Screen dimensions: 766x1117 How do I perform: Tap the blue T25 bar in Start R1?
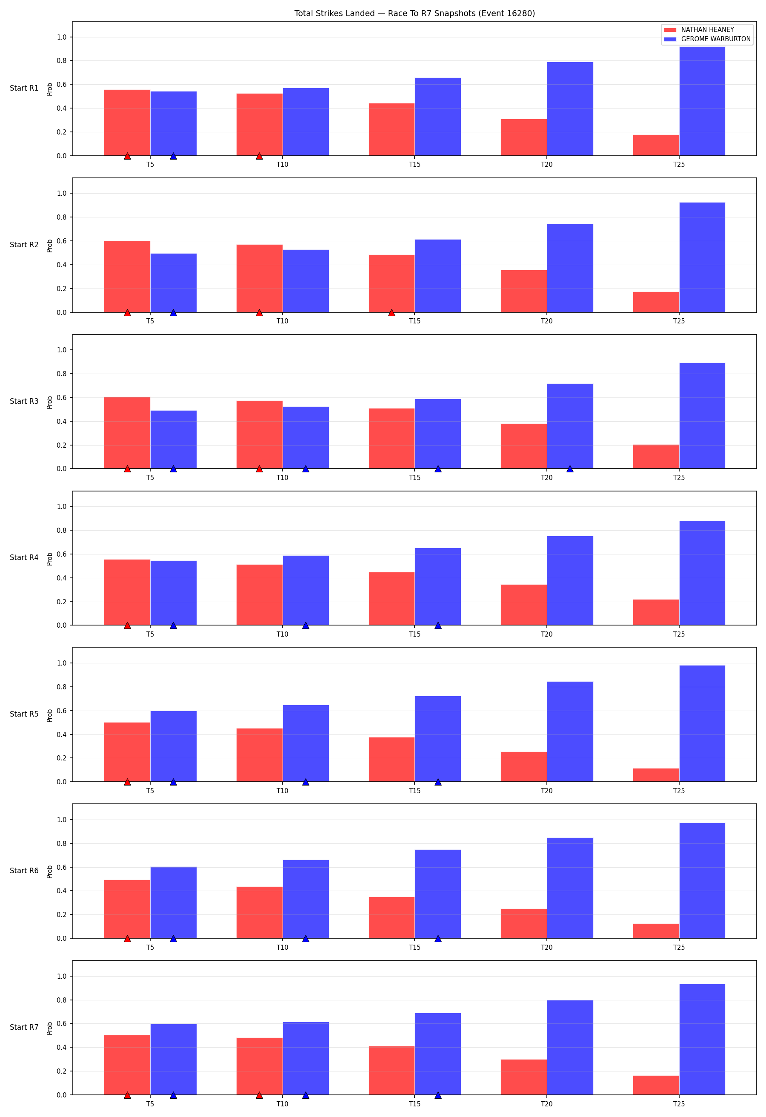(x=702, y=101)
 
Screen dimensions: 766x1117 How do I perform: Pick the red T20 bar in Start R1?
(x=524, y=137)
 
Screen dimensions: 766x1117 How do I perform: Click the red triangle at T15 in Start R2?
(x=392, y=313)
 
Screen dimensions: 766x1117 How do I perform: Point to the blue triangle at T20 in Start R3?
(x=570, y=469)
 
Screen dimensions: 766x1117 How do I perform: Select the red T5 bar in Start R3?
(x=127, y=433)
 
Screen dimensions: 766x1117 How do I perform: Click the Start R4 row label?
(x=24, y=557)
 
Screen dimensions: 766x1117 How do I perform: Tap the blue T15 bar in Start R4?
(x=438, y=586)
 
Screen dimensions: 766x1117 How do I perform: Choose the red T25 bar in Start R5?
(x=656, y=775)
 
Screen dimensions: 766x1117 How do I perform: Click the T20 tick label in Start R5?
(x=547, y=791)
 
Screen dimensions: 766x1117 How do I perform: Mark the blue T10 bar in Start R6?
(x=306, y=899)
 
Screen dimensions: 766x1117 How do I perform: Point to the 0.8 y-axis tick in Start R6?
(x=62, y=843)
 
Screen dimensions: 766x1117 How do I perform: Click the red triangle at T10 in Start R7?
(x=260, y=1095)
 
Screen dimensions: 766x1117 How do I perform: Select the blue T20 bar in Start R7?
(x=570, y=1048)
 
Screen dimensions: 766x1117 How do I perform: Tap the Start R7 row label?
(x=24, y=1027)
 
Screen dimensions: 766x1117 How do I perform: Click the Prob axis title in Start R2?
(x=49, y=246)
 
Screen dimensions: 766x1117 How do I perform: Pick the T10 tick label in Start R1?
(x=283, y=164)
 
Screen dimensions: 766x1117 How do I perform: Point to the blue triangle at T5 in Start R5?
(x=174, y=782)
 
